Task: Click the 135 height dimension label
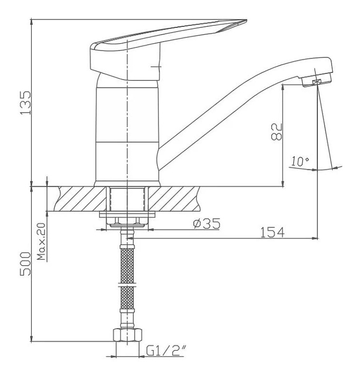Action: coord(26,103)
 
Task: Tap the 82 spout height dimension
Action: coord(277,132)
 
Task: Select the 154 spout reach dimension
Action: coord(273,233)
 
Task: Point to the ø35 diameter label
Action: coord(207,223)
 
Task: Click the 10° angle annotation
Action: coord(300,161)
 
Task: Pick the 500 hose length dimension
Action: coord(26,264)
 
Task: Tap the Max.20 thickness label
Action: coord(42,242)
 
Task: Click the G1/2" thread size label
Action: coord(166,351)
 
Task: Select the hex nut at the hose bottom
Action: coord(127,335)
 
